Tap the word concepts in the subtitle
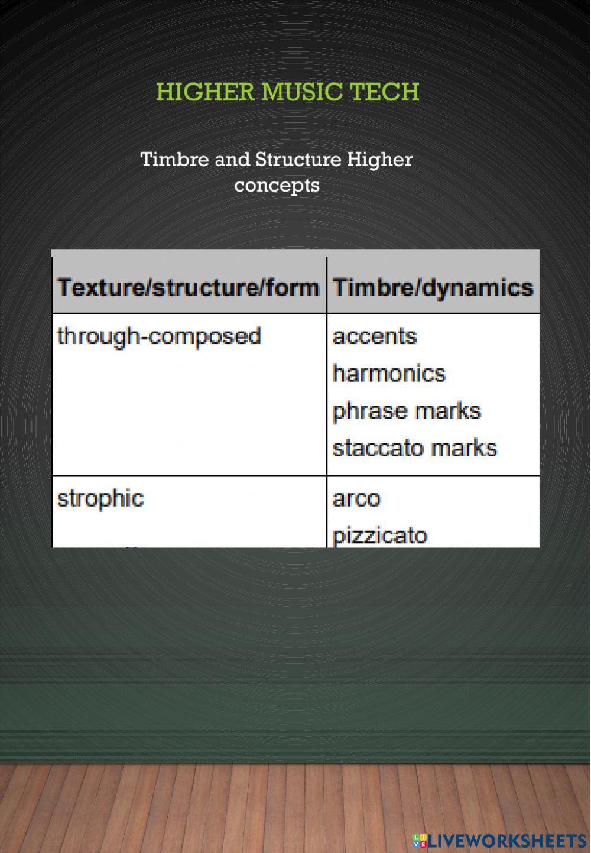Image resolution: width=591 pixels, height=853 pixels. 277,186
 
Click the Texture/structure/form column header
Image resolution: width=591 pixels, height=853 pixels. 188,287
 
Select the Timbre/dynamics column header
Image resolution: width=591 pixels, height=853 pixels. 433,287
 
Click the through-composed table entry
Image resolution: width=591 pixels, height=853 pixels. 159,336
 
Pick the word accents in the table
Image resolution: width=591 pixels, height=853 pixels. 374,336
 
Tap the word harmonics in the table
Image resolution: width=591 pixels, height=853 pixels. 389,374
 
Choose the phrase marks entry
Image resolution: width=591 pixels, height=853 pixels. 407,411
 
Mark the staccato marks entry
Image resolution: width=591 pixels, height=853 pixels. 414,448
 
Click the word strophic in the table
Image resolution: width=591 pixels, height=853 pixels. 100,498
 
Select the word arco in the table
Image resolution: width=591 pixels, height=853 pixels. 356,498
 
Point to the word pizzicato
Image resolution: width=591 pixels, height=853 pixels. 379,536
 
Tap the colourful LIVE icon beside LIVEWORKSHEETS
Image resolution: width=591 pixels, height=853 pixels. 420,840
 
